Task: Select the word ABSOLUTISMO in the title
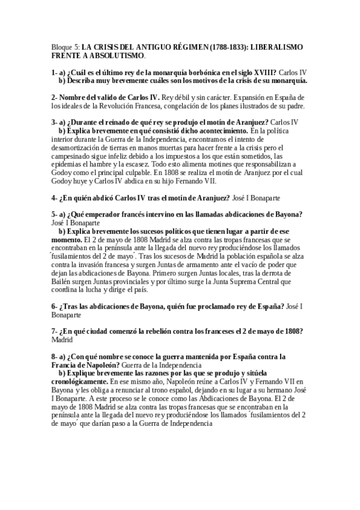(115, 55)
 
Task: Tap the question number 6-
(55, 306)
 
